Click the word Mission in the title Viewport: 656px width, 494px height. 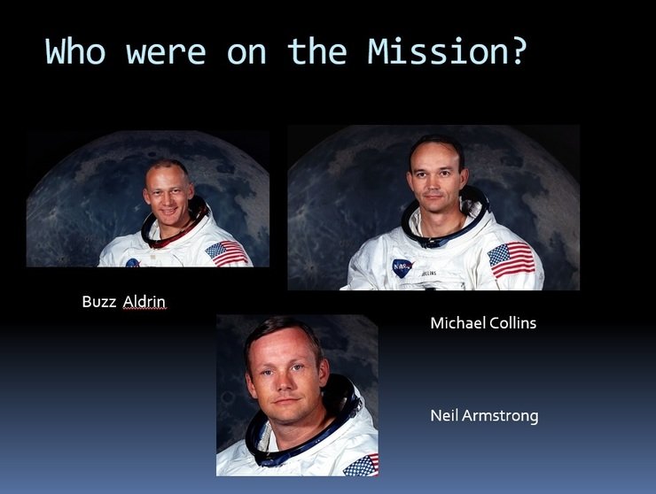click(x=440, y=51)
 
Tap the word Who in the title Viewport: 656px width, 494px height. click(x=75, y=51)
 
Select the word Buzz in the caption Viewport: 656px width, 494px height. click(x=99, y=301)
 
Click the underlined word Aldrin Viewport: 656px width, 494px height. click(x=144, y=301)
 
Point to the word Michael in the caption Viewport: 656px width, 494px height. click(x=457, y=322)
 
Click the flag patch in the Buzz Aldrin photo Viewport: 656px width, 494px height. click(x=227, y=253)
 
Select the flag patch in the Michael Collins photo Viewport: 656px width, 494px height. click(x=512, y=260)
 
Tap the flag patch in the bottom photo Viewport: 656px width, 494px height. click(x=361, y=466)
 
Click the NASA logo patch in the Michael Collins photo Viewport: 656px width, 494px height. click(x=402, y=267)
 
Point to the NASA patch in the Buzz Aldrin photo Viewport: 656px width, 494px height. click(x=133, y=263)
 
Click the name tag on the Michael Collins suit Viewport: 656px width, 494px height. click(x=428, y=274)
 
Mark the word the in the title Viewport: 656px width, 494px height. click(x=317, y=51)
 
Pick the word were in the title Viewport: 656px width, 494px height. click(x=166, y=53)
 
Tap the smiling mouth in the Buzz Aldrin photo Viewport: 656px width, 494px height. click(x=168, y=211)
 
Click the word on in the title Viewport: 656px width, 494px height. click(x=246, y=53)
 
